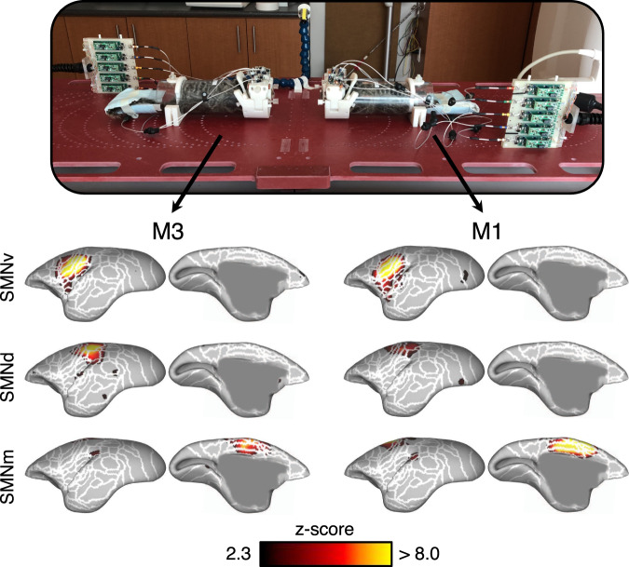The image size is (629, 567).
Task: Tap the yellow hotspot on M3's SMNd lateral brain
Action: [94, 351]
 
